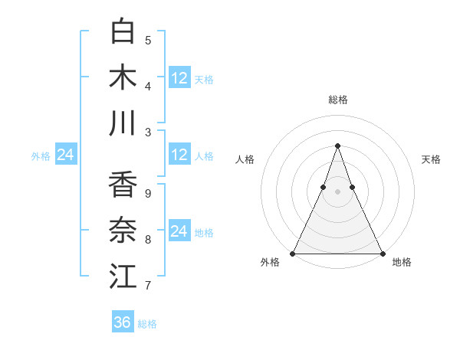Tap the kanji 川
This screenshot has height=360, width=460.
[x=123, y=123]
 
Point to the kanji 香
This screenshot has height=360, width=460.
[x=123, y=185]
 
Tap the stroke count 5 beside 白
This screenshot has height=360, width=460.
[x=148, y=40]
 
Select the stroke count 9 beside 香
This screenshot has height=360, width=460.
[x=148, y=194]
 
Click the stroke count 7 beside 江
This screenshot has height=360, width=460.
[x=148, y=286]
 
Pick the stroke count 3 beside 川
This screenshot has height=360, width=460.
[x=148, y=132]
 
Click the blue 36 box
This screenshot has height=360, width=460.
[x=122, y=322]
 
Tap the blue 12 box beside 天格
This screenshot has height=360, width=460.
[x=179, y=77]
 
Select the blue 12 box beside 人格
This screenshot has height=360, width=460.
[x=179, y=155]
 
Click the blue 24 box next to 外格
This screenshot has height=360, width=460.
[x=65, y=155]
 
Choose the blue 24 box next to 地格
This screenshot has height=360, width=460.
[x=179, y=231]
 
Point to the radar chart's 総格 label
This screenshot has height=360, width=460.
[x=337, y=100]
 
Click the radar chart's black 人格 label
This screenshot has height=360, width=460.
[x=245, y=159]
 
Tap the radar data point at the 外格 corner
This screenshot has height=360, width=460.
[x=293, y=254]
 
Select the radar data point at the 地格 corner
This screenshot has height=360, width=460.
[x=382, y=254]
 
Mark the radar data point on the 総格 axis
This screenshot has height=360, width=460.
[x=337, y=146]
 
